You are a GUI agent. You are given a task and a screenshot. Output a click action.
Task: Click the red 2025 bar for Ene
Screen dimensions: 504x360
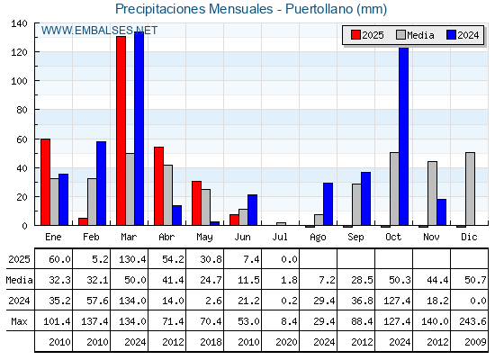pos(45,182)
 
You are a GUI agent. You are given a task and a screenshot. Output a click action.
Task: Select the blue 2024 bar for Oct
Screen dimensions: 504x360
pos(404,136)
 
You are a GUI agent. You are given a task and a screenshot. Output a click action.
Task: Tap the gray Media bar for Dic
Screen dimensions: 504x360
pos(470,189)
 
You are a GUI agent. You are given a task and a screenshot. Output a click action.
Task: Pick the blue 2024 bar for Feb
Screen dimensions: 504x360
pos(101,184)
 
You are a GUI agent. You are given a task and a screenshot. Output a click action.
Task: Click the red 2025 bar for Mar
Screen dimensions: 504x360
pos(121,130)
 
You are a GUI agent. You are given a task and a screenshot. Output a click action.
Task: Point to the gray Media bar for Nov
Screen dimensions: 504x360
pos(432,193)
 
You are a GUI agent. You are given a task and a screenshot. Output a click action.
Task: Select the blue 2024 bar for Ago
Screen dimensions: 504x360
pos(328,204)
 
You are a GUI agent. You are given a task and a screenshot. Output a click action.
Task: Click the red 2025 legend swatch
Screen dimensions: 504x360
pos(355,35)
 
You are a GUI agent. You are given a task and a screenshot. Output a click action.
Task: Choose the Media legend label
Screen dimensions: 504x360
pos(420,35)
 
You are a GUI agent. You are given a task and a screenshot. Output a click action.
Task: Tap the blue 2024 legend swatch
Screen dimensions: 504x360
pos(451,35)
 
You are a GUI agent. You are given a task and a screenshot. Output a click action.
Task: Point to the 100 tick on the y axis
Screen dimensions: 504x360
pos(19,81)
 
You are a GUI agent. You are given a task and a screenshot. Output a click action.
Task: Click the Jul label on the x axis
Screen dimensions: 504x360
pos(280,238)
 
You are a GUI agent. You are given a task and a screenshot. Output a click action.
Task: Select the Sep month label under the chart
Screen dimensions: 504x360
pos(355,238)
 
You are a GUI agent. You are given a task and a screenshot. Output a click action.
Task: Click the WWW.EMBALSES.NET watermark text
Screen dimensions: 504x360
pos(99,31)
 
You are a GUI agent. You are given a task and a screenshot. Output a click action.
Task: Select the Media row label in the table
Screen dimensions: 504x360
pos(19,280)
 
